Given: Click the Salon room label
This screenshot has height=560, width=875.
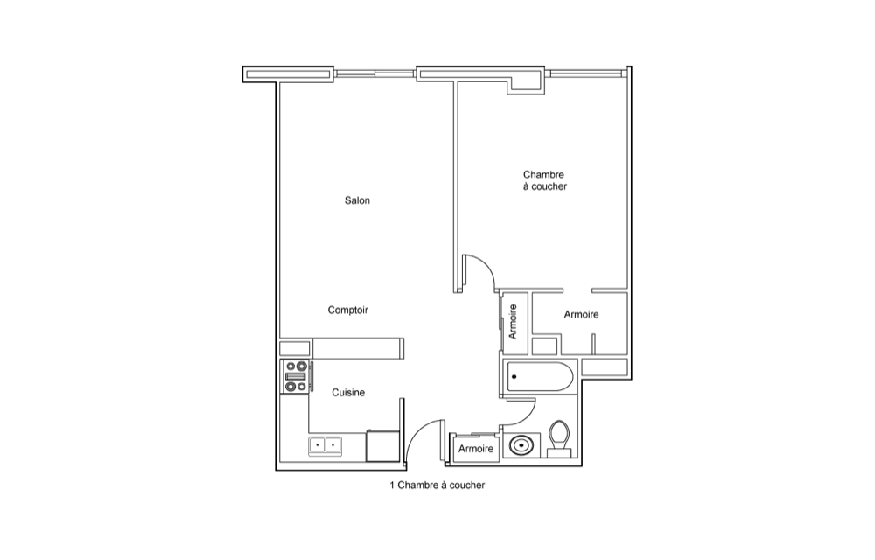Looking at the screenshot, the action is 357,200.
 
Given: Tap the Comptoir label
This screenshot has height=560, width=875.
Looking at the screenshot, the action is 347,310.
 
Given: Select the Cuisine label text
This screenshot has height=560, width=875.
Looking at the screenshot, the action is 348,393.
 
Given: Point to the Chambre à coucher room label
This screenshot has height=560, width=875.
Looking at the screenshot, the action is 544,181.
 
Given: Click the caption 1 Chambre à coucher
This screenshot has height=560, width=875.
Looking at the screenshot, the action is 437,486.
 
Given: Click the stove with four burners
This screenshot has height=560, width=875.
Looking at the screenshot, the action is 296,377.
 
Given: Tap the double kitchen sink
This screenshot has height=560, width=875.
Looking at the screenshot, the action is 325,445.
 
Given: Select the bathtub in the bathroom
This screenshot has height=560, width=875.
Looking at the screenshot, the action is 540,377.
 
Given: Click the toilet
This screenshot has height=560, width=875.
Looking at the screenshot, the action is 558,438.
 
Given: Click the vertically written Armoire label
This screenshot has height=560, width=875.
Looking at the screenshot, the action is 513,322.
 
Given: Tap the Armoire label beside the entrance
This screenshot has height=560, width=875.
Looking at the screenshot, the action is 476,449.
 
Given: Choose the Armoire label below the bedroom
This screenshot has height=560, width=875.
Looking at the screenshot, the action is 581,315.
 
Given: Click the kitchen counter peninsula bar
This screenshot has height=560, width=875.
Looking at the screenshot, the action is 358,348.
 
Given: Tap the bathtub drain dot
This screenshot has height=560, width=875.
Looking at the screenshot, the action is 514,377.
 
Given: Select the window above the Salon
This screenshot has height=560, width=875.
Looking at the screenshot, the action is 375,73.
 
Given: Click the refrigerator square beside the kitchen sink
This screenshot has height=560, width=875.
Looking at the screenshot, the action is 383,446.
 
